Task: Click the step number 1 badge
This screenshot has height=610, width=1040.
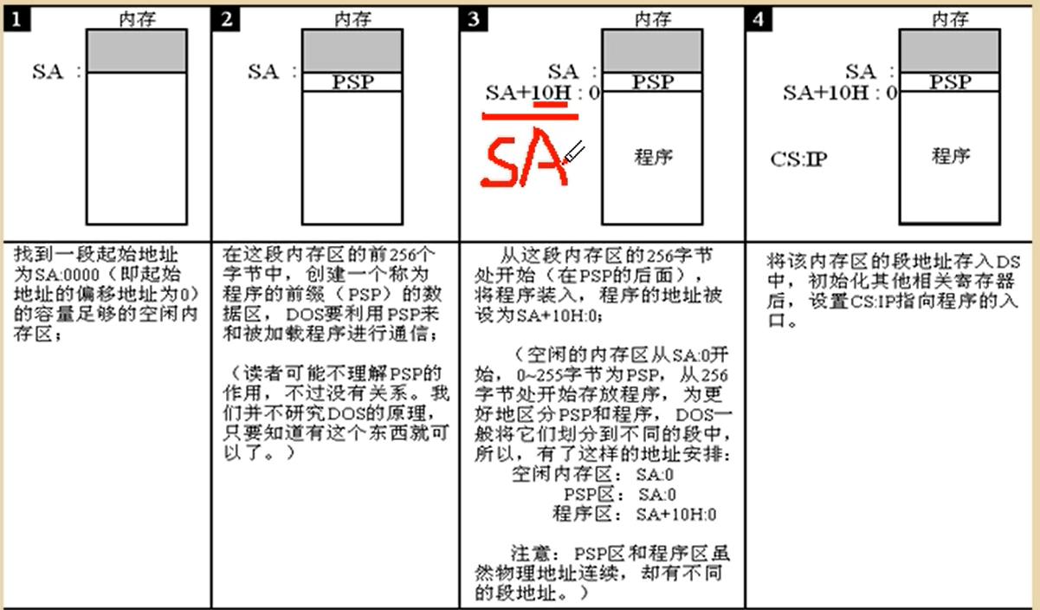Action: pyautogui.click(x=17, y=19)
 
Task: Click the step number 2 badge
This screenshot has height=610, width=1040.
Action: pyautogui.click(x=227, y=19)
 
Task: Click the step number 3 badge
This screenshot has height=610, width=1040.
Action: pyautogui.click(x=474, y=19)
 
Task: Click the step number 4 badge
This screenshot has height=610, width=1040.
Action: pyautogui.click(x=759, y=19)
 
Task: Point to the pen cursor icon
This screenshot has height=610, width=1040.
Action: pyautogui.click(x=574, y=154)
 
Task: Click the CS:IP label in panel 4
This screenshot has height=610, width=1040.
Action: pyautogui.click(x=798, y=160)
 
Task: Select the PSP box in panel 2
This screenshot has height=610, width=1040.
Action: pyautogui.click(x=352, y=81)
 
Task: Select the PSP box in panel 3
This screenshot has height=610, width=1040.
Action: pyautogui.click(x=652, y=82)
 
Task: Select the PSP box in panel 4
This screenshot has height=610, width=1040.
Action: pyautogui.click(x=950, y=82)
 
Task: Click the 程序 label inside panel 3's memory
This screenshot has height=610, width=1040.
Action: pyautogui.click(x=653, y=158)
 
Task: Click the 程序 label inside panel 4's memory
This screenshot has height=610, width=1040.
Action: pyautogui.click(x=950, y=157)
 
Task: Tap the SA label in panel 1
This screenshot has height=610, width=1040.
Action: pyautogui.click(x=48, y=72)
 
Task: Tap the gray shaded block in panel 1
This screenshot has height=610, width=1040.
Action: pyautogui.click(x=136, y=51)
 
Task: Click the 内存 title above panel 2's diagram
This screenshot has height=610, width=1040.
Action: pyautogui.click(x=353, y=19)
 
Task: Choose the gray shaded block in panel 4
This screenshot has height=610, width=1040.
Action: pyautogui.click(x=950, y=51)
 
